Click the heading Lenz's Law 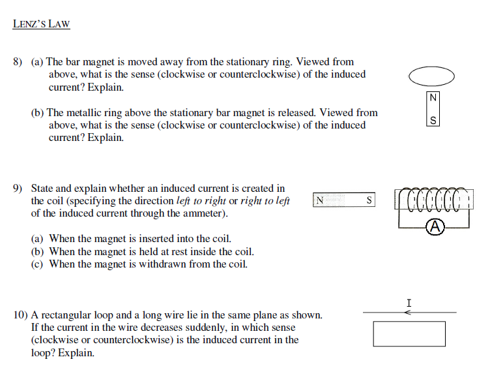(41, 25)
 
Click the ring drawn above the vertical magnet (431, 76)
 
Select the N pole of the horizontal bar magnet (320, 201)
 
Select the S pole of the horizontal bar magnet (369, 201)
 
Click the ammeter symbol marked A (435, 227)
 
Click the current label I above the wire (409, 303)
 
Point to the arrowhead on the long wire (407, 313)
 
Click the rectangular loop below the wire (409, 333)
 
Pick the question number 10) (20, 315)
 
